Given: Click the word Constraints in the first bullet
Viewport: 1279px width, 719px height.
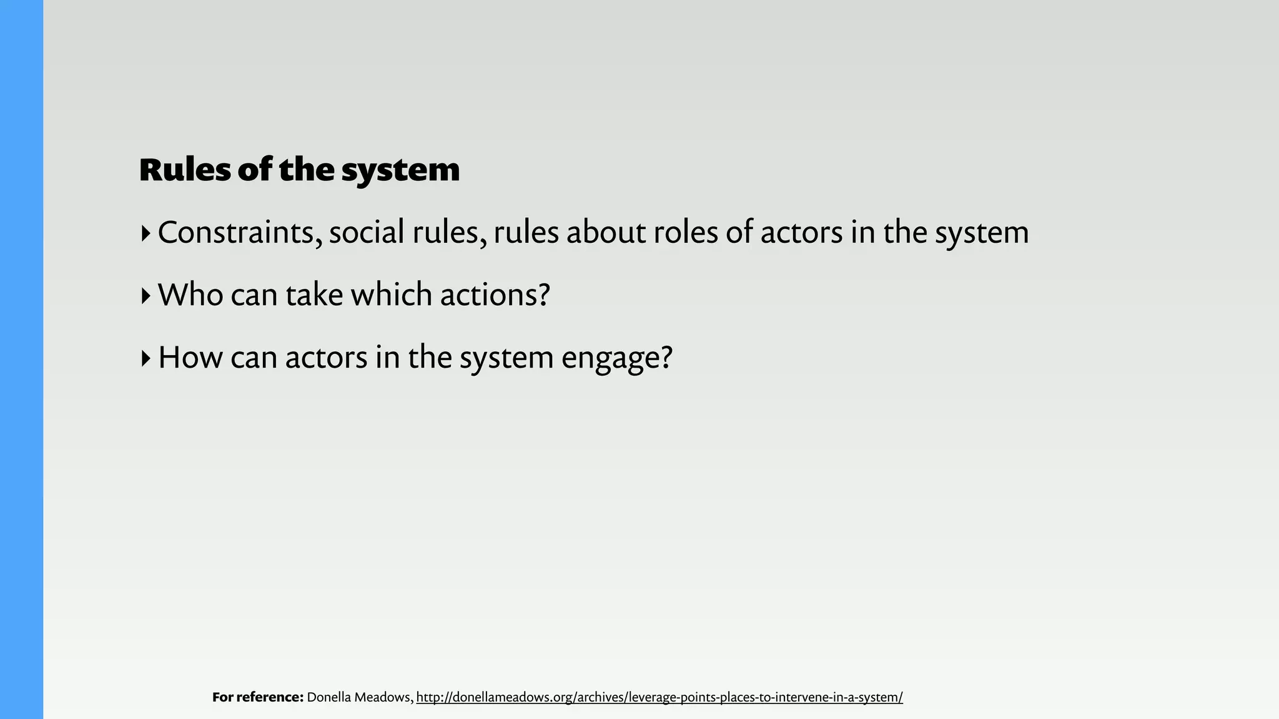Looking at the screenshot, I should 240,232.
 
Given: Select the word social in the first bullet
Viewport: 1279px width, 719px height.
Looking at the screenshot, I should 367,232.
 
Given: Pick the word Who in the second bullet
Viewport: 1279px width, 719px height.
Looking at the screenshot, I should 190,295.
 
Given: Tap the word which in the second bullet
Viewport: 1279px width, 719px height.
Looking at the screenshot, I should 392,295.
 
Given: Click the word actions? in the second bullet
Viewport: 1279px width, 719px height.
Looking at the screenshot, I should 495,295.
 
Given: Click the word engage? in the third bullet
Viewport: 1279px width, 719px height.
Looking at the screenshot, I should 616,358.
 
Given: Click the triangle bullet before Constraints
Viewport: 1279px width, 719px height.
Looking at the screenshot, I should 146,233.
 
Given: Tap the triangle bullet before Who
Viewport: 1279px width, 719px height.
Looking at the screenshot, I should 146,296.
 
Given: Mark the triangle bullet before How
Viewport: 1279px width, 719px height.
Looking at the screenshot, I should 146,358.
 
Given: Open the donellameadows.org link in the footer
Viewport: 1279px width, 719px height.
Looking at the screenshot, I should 659,697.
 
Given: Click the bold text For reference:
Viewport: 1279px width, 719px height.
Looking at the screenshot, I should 257,697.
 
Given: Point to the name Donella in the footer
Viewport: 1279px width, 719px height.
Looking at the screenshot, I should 328,697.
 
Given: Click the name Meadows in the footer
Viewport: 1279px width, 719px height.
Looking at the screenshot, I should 384,697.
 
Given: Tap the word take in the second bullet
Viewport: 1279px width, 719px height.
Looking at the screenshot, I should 314,295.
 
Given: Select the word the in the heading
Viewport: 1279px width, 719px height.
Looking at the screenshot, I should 307,170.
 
